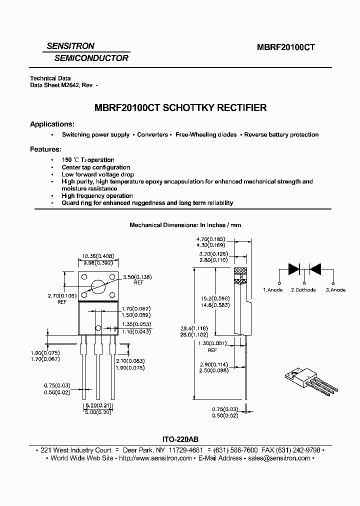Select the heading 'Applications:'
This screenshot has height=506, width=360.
point(52,124)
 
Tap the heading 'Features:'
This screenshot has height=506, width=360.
point(46,149)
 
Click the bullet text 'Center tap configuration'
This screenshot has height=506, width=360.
point(96,167)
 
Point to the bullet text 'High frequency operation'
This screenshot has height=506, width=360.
point(97,196)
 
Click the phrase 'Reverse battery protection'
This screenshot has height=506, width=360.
point(281,134)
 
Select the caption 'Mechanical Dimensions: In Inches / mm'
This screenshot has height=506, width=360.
point(185,225)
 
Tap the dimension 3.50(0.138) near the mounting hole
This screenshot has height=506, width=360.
point(137,276)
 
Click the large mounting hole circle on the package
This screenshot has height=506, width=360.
point(98,286)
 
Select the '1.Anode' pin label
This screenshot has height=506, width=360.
point(273,289)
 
